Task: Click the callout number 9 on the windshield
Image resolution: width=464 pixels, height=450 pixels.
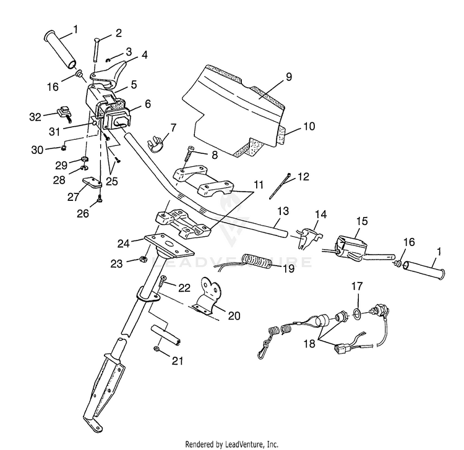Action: click(288, 77)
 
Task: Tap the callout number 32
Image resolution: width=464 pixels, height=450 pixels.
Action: click(35, 117)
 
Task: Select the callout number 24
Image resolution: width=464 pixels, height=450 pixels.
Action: click(123, 244)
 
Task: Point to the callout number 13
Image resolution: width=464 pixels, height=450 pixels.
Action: click(283, 211)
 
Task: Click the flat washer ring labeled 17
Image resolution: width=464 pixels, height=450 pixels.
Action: click(357, 313)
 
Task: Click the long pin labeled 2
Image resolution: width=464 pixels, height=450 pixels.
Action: click(95, 49)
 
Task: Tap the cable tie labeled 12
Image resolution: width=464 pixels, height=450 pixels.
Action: click(280, 186)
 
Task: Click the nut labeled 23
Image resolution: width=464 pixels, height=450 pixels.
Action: click(144, 260)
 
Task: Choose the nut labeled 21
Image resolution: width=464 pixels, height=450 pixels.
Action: click(157, 349)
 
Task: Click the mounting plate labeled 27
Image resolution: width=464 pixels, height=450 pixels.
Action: click(92, 183)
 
